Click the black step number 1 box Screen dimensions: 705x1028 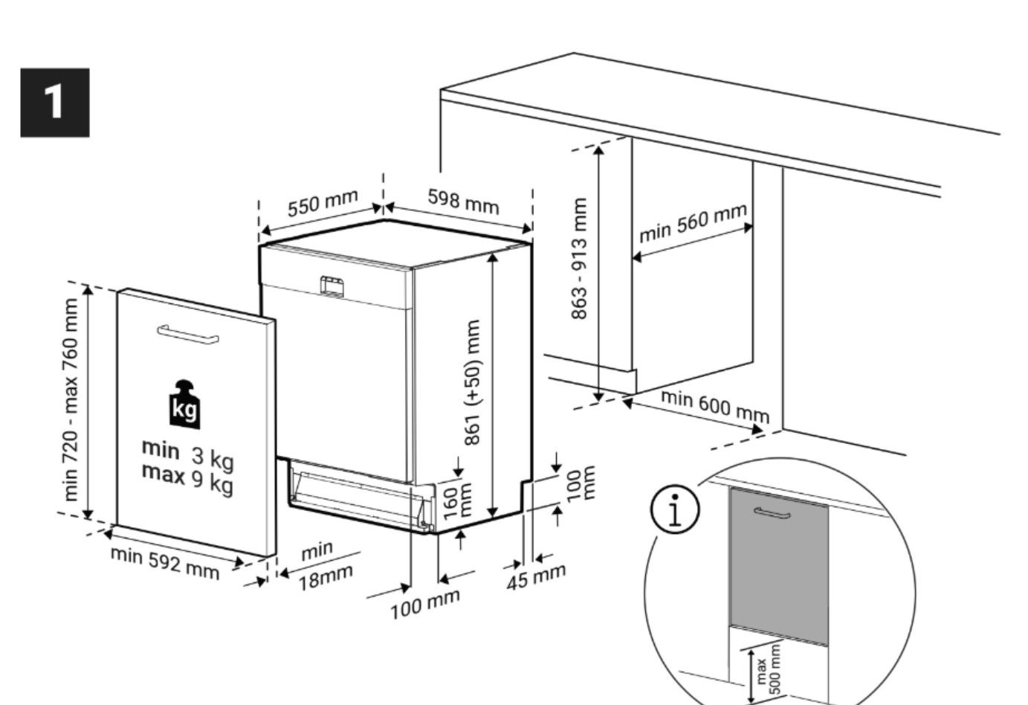[54, 102]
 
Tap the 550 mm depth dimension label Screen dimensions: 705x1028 [323, 203]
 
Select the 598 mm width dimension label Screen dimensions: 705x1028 [463, 201]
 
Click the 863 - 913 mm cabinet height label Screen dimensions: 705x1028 [579, 259]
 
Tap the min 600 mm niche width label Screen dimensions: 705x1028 [715, 405]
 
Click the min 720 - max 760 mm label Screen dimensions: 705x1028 [70, 399]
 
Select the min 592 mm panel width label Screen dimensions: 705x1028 [165, 563]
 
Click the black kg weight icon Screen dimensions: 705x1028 [185, 405]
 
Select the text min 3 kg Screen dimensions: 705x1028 [187, 454]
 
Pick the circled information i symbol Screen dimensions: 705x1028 [675, 510]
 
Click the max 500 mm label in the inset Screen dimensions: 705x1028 [769, 671]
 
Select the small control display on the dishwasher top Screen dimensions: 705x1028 [332, 286]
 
